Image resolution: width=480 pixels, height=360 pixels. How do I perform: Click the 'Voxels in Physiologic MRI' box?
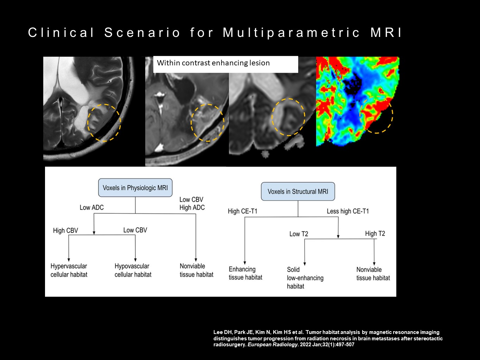pyautogui.click(x=135, y=187)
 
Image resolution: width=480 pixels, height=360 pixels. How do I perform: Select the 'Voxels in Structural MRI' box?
pyautogui.click(x=298, y=192)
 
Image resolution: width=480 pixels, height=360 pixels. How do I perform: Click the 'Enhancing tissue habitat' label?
pyautogui.click(x=245, y=273)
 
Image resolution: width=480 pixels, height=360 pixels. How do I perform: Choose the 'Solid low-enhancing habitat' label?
pyautogui.click(x=305, y=278)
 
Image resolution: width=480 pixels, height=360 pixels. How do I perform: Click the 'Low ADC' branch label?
pyautogui.click(x=92, y=207)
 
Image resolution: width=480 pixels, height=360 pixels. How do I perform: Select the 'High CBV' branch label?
pyautogui.click(x=65, y=230)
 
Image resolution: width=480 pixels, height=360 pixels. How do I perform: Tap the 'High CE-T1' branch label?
pyautogui.click(x=243, y=211)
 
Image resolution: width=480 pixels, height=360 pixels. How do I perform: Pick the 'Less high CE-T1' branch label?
pyautogui.click(x=348, y=211)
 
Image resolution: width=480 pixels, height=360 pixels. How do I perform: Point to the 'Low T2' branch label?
pyautogui.click(x=299, y=234)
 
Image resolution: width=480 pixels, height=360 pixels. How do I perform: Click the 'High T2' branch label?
pyautogui.click(x=375, y=233)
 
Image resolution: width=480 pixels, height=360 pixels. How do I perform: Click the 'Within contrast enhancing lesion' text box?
pyautogui.click(x=225, y=64)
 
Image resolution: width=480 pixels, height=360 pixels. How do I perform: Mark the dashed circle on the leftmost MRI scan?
pyautogui.click(x=104, y=123)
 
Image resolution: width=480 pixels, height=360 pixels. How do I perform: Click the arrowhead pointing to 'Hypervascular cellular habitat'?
pyautogui.click(x=69, y=260)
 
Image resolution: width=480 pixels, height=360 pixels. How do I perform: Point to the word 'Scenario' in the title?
pyautogui.click(x=142, y=33)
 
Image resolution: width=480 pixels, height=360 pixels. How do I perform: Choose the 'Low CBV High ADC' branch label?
pyautogui.click(x=192, y=204)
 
